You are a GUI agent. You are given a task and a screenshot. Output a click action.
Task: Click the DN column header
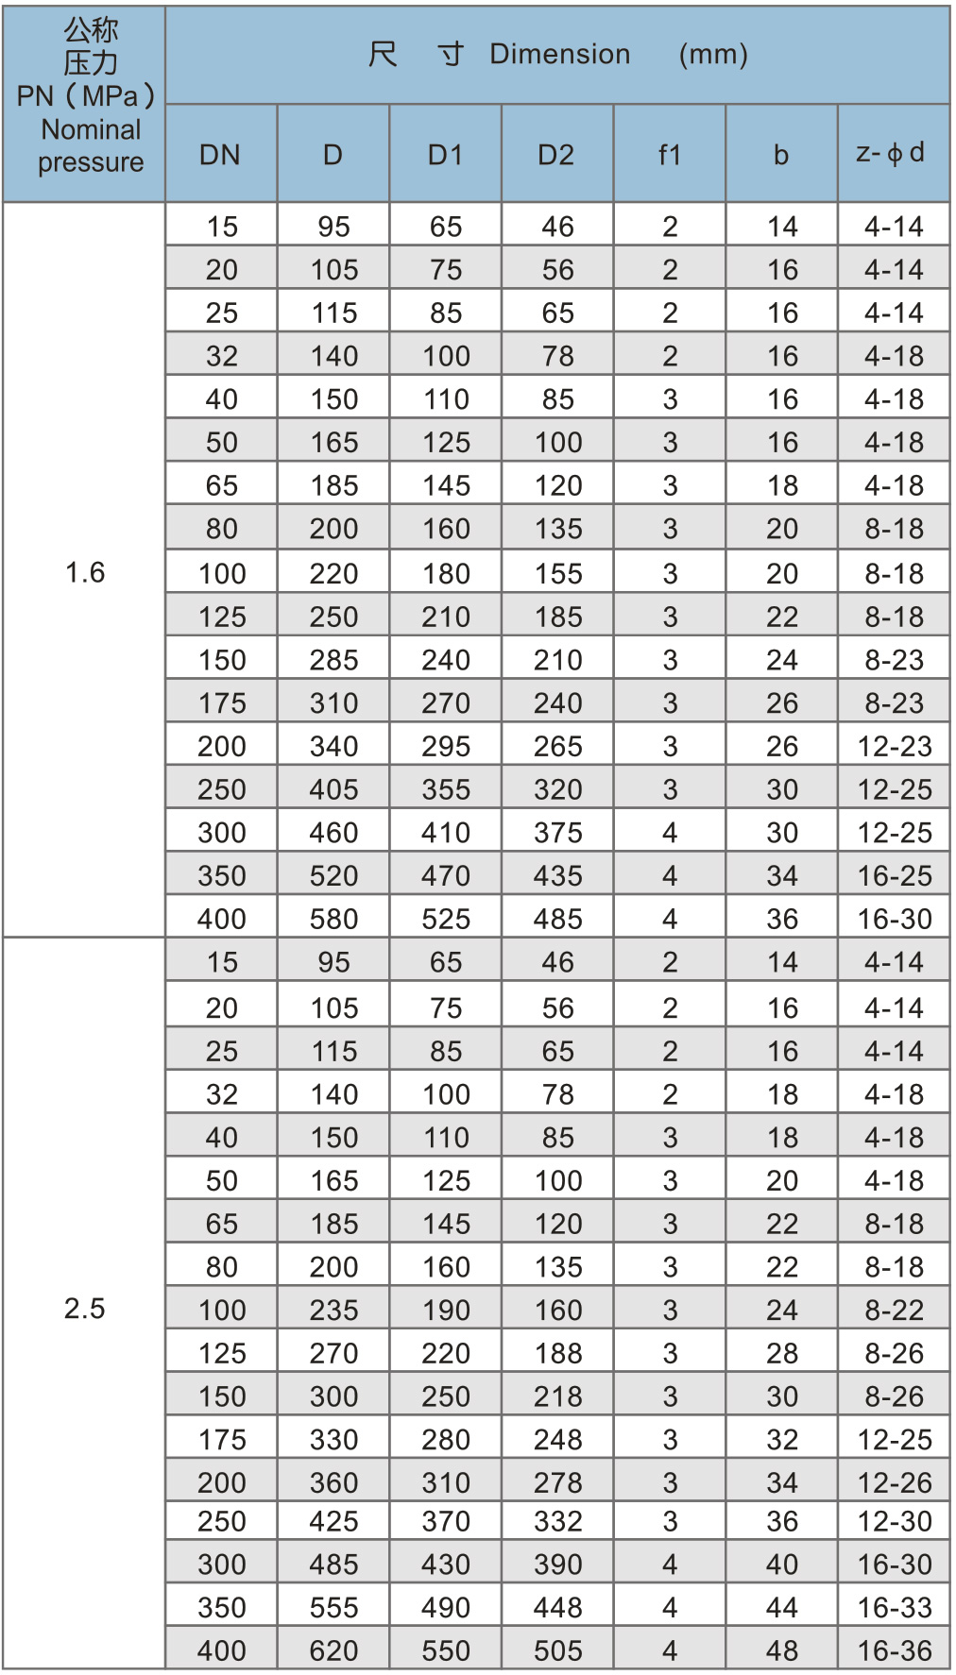(220, 155)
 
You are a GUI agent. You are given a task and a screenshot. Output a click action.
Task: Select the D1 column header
(445, 155)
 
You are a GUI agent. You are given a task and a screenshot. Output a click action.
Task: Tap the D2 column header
(556, 155)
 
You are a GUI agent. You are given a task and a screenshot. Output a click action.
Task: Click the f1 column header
(669, 155)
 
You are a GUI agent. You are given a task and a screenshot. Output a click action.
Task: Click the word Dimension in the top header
(559, 55)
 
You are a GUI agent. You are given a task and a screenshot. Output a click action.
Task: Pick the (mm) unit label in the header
(713, 55)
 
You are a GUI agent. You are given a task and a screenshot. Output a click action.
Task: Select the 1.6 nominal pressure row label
(85, 572)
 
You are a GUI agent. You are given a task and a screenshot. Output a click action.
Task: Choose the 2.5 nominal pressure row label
(85, 1309)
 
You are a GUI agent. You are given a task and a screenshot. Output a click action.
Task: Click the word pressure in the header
(91, 162)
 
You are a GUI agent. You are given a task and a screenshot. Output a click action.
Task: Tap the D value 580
(333, 919)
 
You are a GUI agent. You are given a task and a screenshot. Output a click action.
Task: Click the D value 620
(333, 1650)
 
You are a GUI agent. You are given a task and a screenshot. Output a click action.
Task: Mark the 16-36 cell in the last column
(894, 1650)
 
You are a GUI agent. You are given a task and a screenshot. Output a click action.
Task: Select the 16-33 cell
(894, 1607)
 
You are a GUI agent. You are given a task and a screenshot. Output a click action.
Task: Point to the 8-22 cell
(894, 1310)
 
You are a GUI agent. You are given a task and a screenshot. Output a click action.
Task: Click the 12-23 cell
(894, 747)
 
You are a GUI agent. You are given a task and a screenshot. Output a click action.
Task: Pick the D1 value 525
(445, 919)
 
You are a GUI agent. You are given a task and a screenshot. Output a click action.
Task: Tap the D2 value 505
(557, 1650)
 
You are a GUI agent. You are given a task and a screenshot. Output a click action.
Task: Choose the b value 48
(782, 1650)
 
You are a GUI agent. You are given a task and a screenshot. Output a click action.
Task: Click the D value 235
(333, 1310)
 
